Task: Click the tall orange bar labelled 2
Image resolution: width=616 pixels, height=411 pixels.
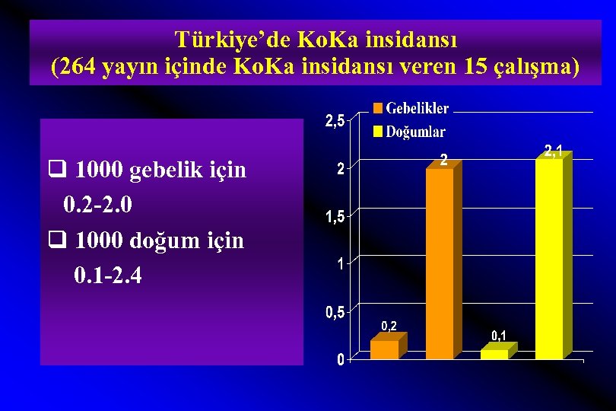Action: pos(440,263)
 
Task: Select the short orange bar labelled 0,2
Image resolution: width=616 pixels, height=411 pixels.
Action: pos(384,349)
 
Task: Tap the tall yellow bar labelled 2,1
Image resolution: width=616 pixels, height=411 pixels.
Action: pos(550,259)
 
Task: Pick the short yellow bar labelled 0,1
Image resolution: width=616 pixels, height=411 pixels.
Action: pos(494,354)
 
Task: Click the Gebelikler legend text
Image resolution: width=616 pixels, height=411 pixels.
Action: pos(418,109)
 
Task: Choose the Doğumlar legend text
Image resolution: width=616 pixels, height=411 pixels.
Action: pos(415,132)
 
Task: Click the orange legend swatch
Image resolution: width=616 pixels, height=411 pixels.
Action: pos(376,109)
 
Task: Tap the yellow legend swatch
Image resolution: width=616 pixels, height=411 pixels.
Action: pos(376,132)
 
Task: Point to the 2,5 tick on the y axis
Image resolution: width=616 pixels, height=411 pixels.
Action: pos(335,120)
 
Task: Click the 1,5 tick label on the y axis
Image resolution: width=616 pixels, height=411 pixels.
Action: pos(335,217)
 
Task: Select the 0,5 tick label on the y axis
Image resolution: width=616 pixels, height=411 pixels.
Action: pos(335,312)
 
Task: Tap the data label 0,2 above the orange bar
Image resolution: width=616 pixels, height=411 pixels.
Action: pos(389,326)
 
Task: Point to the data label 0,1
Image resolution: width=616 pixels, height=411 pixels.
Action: pos(499,335)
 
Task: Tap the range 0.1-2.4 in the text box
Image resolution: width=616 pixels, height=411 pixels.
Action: pos(108,275)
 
